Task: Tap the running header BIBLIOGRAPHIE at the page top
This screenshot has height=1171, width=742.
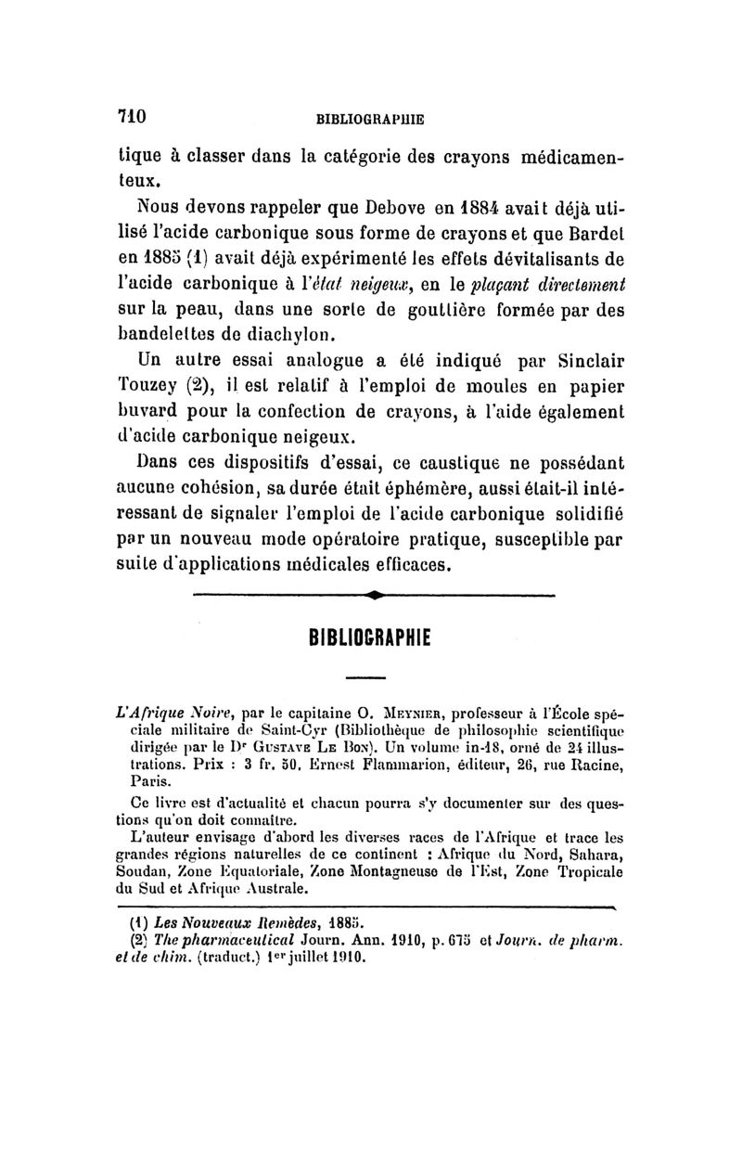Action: point(371,119)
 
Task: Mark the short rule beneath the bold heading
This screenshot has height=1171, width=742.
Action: point(371,676)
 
